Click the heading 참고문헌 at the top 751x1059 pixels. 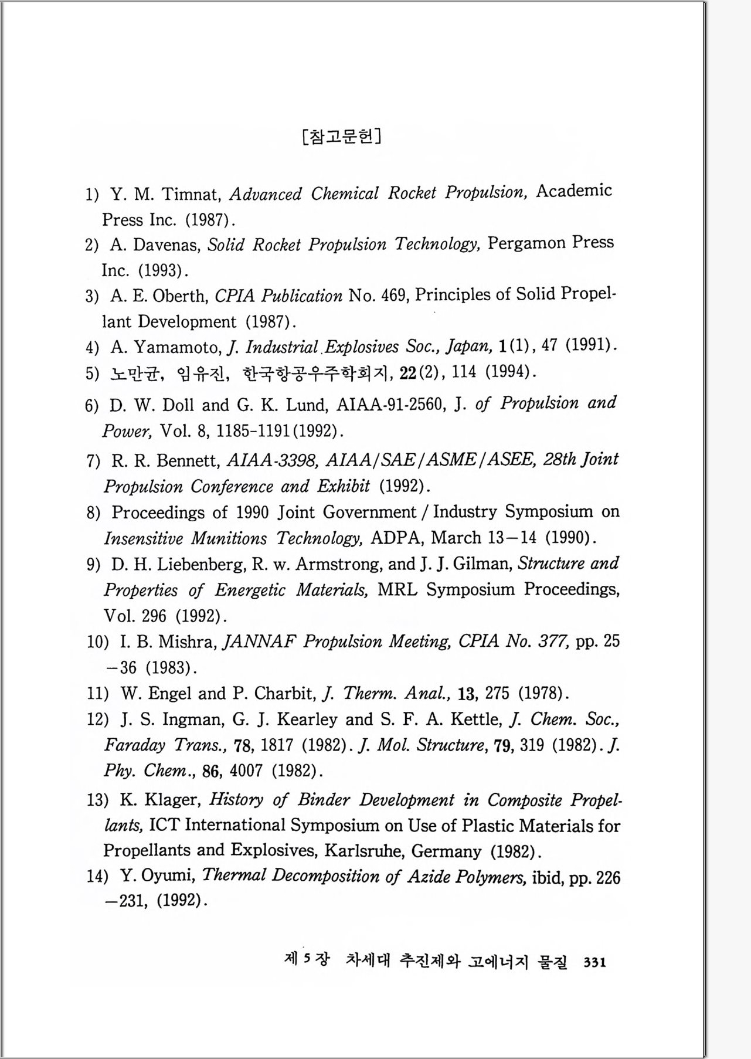pos(342,137)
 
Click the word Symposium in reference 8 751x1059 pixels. pos(549,511)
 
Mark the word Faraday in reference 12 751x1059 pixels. pos(135,745)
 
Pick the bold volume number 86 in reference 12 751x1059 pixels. pos(210,771)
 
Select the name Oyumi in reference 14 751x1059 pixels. pos(167,876)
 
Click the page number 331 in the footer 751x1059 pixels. pos(594,962)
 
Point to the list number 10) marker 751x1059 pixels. pos(97,642)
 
